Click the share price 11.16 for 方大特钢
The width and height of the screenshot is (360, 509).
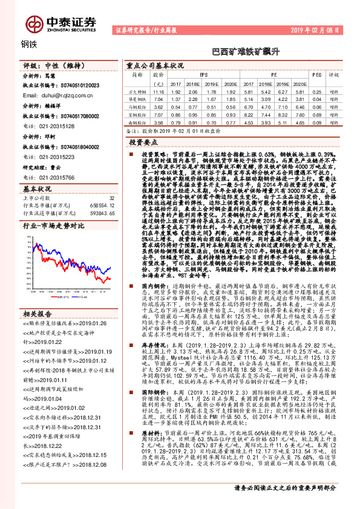[159, 90]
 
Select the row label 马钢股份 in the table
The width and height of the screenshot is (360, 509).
[137, 106]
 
